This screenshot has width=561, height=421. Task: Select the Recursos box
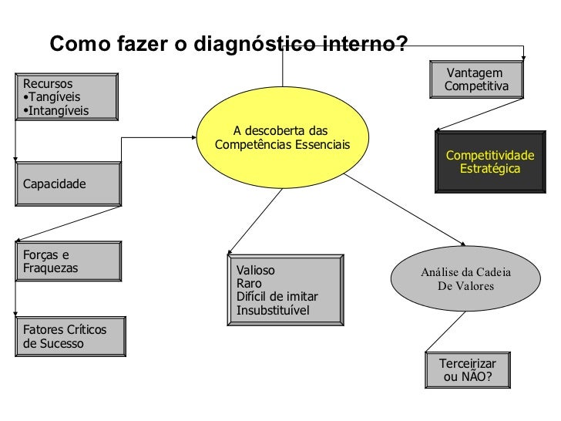pos(66,96)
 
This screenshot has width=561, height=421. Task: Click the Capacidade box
pos(68,184)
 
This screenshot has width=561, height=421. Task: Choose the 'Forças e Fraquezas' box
pos(67,263)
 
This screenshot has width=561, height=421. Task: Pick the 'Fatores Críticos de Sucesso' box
pos(69,337)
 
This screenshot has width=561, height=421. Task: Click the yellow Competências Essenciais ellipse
pos(281,138)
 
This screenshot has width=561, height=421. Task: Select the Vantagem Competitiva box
pos(476,79)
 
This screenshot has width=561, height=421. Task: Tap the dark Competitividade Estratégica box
pos(489,162)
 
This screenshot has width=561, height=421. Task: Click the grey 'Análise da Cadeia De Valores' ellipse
pos(466,279)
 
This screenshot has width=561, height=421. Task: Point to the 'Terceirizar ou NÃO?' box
pos(467,370)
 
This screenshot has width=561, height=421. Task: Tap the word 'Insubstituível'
pos(273,310)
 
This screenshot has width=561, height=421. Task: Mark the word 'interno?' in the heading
pos(367,45)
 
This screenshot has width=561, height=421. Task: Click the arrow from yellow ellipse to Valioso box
pos(254,223)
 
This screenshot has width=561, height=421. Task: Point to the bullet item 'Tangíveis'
pos(52,97)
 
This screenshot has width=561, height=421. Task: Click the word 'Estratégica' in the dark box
pos(489,168)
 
